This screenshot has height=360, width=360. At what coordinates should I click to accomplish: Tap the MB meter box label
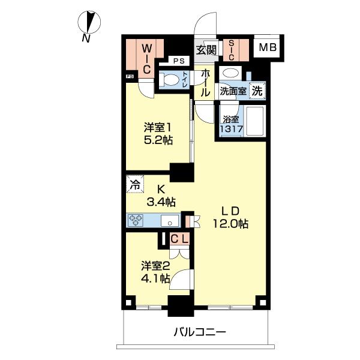(x=268, y=47)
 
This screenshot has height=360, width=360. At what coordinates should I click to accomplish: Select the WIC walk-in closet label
(x=147, y=59)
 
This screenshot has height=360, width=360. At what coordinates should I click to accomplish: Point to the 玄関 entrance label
(x=206, y=50)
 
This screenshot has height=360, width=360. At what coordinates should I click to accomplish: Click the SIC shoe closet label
(x=231, y=50)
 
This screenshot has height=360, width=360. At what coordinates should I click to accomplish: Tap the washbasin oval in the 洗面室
(x=230, y=73)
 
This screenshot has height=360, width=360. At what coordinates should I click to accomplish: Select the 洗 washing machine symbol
(x=257, y=91)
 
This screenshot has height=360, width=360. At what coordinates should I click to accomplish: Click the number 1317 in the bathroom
(x=231, y=129)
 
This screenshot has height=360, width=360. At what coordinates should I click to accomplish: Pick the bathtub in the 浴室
(x=254, y=121)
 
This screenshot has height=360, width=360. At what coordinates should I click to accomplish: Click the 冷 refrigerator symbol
(x=135, y=185)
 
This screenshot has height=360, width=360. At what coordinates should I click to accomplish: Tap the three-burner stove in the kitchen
(x=136, y=220)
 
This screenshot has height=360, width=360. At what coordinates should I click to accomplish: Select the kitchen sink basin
(x=170, y=221)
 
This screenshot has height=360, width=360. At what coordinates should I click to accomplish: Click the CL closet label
(x=180, y=239)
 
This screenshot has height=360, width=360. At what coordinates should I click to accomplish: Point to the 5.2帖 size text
(x=158, y=140)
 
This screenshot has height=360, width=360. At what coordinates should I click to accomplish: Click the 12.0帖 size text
(x=230, y=223)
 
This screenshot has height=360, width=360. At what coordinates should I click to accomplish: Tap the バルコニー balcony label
(x=200, y=332)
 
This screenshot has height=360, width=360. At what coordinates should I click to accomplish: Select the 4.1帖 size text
(x=155, y=278)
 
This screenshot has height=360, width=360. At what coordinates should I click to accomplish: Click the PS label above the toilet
(x=179, y=61)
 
